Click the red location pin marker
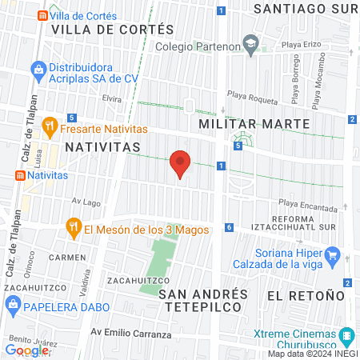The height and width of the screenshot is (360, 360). click(181, 165)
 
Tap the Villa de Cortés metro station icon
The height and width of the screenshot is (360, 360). click(42, 15)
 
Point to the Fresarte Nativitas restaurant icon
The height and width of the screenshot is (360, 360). click(49, 125)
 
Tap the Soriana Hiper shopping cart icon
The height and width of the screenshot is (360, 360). click(334, 258)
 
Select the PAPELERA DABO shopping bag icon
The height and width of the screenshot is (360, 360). click(12, 305)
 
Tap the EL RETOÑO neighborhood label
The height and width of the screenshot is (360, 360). click(298, 295)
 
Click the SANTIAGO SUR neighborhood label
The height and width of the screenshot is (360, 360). click(304, 9)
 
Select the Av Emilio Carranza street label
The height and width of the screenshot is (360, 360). click(130, 333)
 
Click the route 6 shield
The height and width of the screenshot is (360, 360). click(229, 227)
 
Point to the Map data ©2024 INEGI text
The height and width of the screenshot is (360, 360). click(312, 354)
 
